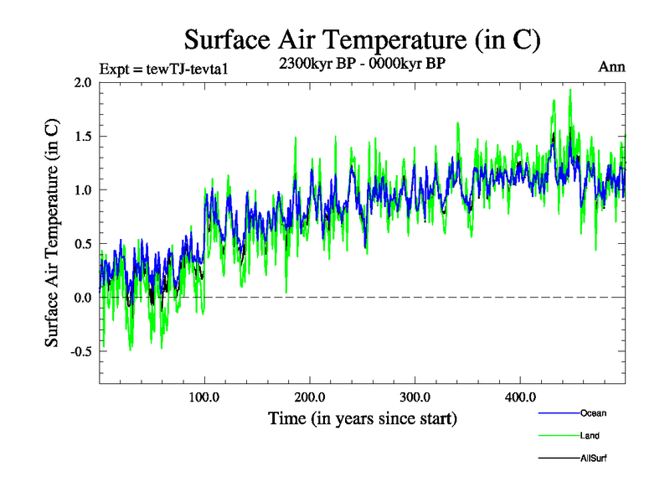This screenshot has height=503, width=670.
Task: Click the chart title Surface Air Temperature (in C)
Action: (362, 39)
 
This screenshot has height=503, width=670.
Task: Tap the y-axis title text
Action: (52, 233)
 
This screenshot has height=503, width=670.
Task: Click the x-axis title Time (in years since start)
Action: (363, 417)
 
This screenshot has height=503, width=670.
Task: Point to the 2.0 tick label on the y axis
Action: (83, 82)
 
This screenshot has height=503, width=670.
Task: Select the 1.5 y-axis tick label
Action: (83, 136)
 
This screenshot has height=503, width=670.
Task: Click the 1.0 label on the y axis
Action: (83, 189)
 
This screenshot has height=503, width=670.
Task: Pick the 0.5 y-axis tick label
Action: (83, 243)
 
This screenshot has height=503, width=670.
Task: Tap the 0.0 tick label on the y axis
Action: (83, 298)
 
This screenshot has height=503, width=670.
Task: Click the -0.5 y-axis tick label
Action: (80, 351)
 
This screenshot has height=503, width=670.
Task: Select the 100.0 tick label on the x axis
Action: (204, 397)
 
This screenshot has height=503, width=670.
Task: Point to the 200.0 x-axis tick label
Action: (310, 397)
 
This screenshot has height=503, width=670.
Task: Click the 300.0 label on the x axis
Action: (415, 397)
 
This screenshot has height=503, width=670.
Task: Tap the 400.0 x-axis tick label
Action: (521, 397)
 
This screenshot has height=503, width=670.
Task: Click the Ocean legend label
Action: (593, 413)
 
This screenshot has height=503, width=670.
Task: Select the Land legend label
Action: (590, 436)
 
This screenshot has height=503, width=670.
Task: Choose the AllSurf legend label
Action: (593, 459)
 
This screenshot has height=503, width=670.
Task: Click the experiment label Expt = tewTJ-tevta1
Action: (164, 69)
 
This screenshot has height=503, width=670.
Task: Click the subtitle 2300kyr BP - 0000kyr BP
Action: (362, 63)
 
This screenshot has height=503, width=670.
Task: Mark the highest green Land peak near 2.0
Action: (570, 90)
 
